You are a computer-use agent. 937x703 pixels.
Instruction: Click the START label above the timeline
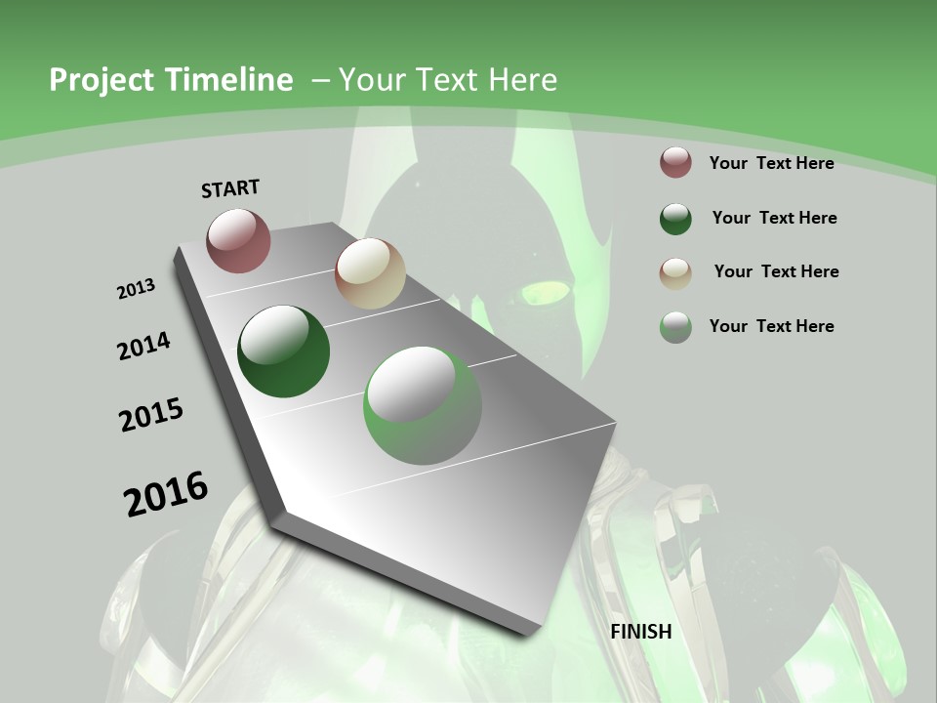(x=230, y=188)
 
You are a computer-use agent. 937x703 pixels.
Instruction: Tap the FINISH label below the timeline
(x=641, y=632)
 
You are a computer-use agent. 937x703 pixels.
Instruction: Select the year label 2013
(x=137, y=289)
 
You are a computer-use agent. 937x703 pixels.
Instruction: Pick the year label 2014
(x=144, y=346)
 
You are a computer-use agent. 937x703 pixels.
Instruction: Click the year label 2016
(x=166, y=494)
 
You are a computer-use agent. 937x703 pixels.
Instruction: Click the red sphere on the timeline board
(x=238, y=240)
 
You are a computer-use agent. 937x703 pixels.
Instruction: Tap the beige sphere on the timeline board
(x=370, y=273)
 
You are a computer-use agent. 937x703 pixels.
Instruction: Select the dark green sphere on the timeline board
(x=283, y=351)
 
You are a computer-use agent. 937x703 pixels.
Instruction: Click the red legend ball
(x=675, y=163)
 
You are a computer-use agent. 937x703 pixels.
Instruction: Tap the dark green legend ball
(x=675, y=219)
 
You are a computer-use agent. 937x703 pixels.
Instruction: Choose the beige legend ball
(x=675, y=272)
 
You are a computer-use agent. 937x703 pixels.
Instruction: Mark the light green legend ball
(x=675, y=327)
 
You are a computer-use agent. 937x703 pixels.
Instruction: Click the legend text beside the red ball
(x=771, y=163)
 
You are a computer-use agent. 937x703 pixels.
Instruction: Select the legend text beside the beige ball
(x=776, y=271)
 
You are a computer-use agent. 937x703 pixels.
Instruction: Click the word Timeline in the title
(x=230, y=80)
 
